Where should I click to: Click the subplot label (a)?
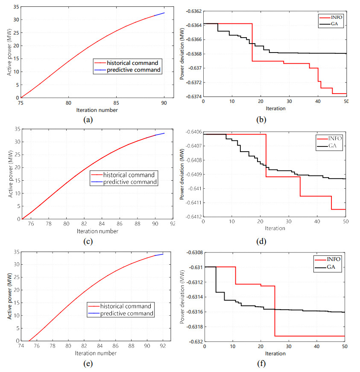88,120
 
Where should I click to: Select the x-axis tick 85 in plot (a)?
116,103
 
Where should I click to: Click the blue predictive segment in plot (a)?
160,14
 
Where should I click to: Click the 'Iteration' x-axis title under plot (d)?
275,228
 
